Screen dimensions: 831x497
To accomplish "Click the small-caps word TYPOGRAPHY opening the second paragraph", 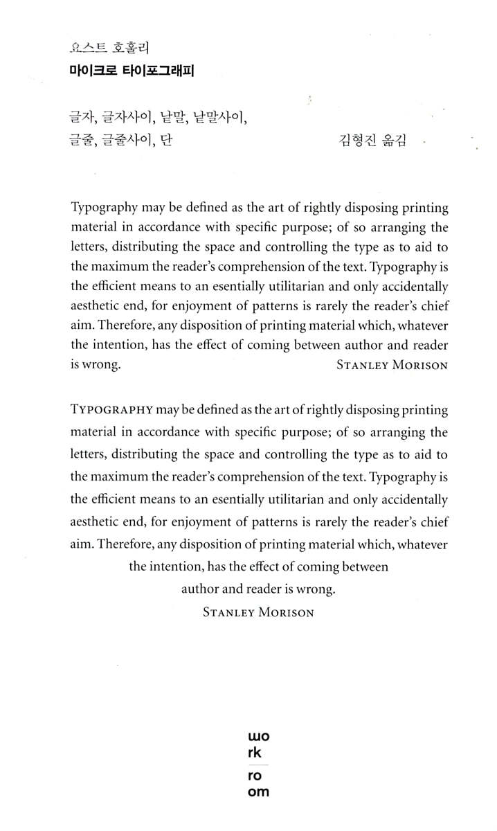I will [111, 410].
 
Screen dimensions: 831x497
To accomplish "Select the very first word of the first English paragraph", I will [104, 208].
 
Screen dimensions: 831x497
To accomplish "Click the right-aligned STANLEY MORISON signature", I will [392, 366].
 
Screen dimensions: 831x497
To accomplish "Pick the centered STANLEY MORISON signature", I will [258, 612].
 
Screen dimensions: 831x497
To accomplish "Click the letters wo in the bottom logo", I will [258, 738].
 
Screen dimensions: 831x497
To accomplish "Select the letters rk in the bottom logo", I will [255, 752].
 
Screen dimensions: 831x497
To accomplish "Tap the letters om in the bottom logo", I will [258, 791].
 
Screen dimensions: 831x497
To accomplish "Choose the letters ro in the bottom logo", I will [255, 776].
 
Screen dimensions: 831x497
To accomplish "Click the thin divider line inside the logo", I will [258, 765].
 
